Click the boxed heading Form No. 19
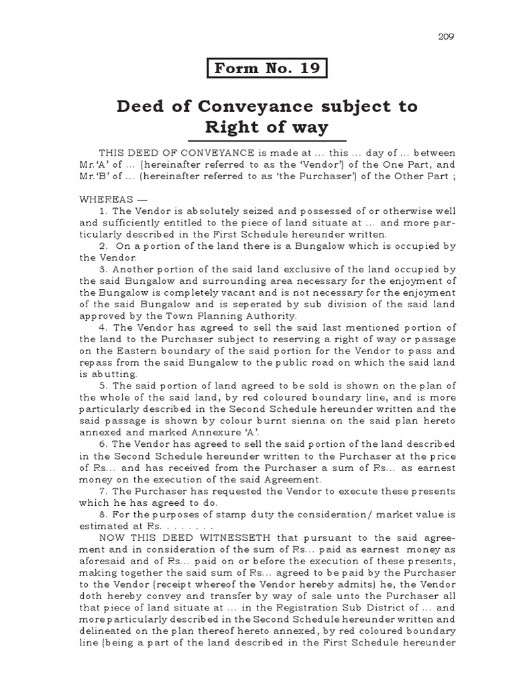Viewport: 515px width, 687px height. tap(268, 69)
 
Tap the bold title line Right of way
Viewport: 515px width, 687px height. tap(267, 127)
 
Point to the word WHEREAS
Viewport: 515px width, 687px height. tap(105, 200)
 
